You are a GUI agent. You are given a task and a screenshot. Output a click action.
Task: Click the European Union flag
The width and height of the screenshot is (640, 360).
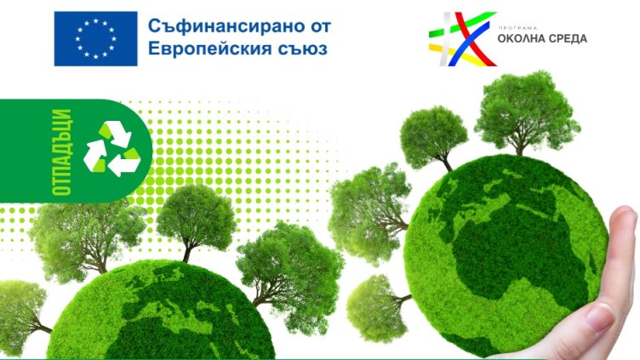(95, 38)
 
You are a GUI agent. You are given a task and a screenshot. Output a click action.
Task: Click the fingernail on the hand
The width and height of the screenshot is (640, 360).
(600, 317)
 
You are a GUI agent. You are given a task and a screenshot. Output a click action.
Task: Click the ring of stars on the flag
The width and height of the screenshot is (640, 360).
(95, 38)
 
